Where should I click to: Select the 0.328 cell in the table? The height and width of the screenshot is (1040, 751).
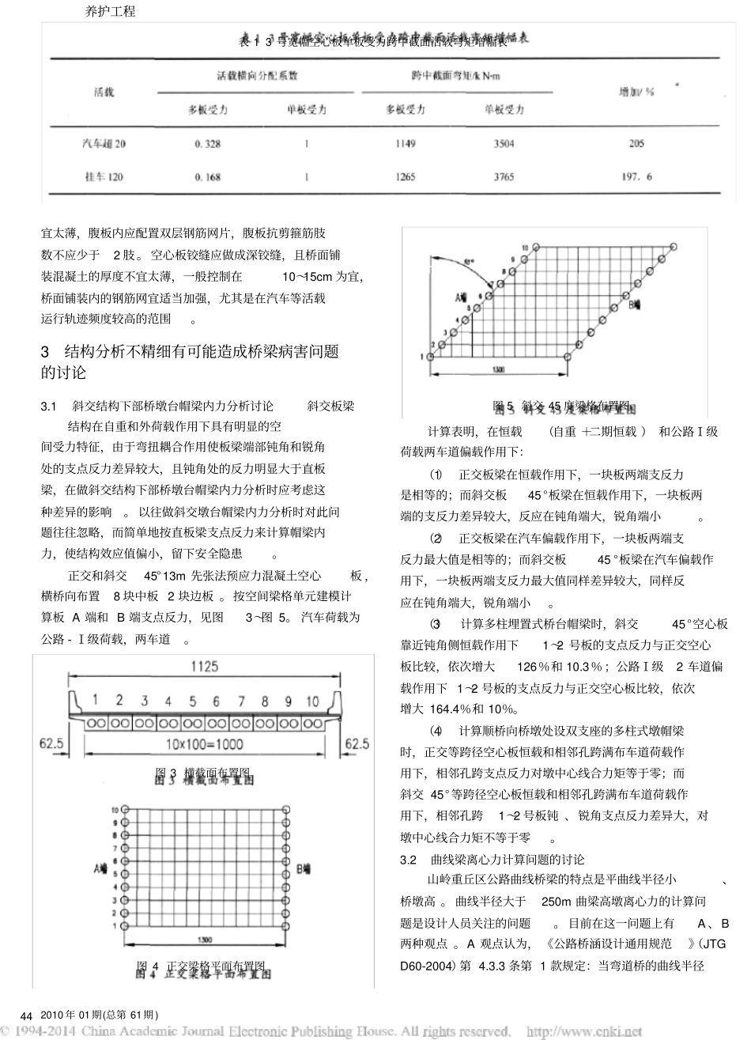[208, 144]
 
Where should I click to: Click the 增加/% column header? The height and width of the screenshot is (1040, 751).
[637, 91]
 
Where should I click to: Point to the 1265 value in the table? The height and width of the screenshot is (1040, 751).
[406, 177]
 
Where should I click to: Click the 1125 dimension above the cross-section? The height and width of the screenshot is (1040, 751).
[203, 667]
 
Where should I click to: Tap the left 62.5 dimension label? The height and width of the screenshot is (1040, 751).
[52, 743]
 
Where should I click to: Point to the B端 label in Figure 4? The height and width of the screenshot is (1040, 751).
[304, 868]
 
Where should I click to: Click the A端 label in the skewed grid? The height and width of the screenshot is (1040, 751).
[462, 297]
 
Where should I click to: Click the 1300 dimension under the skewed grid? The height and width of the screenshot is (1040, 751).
[499, 369]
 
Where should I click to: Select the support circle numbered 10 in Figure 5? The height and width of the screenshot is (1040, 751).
[535, 246]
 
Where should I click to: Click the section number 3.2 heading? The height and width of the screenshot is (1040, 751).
[409, 859]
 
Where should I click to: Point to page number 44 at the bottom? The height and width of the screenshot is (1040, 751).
[25, 1015]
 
